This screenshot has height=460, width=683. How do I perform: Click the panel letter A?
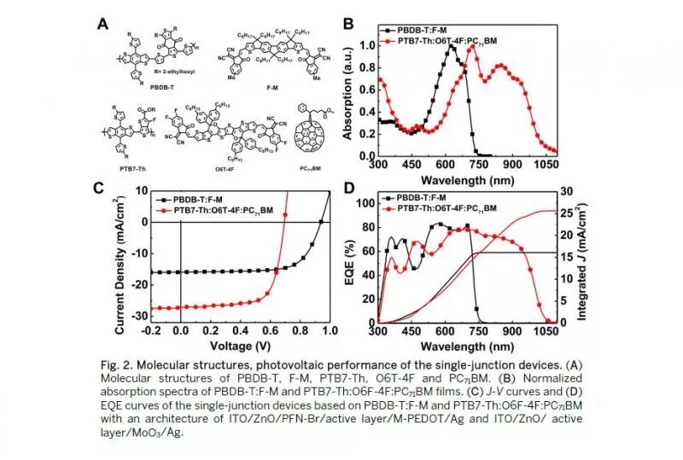pos(103,23)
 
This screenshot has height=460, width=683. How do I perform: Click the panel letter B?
pos(348,23)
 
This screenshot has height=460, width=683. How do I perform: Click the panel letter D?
pos(348,188)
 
